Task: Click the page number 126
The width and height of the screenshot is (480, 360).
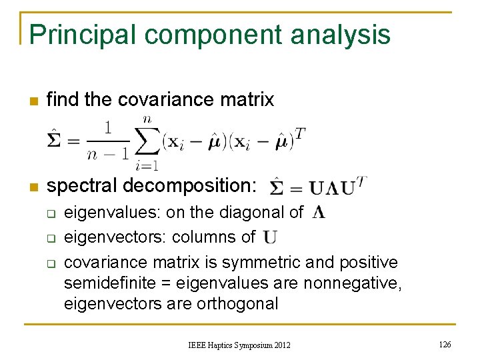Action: [x=445, y=344]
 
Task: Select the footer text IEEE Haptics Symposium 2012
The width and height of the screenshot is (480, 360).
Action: [x=239, y=345]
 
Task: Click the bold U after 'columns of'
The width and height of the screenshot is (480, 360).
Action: [x=270, y=237]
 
